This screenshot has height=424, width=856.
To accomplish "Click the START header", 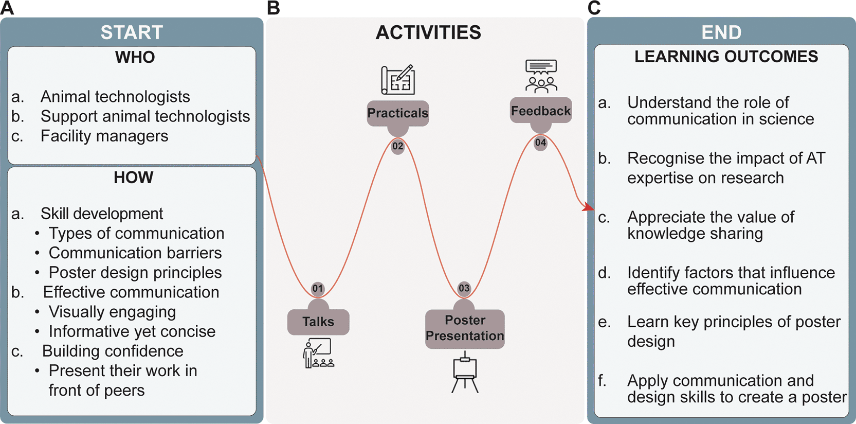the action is [132, 32].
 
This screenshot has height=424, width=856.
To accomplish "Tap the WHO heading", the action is [135, 57].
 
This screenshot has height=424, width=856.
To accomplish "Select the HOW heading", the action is [133, 178].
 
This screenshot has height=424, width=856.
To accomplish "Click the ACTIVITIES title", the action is [428, 32].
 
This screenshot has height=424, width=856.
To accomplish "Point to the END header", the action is [721, 32].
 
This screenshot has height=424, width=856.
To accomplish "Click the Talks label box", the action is [318, 322].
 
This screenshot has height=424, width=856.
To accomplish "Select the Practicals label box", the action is [398, 113].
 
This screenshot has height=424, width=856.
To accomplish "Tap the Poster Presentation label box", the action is [465, 328].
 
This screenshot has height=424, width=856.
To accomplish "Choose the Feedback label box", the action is [541, 111].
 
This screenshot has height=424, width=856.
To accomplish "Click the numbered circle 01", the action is [318, 288].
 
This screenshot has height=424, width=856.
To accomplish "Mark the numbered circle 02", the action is [398, 146].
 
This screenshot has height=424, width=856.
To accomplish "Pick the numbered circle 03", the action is [464, 288].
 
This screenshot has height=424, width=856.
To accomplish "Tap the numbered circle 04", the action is [540, 143].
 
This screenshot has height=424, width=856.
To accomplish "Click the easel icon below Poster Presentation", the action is [465, 373].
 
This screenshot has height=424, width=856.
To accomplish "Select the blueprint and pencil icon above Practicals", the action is [398, 80].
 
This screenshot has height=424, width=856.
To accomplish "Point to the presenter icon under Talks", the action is [318, 354].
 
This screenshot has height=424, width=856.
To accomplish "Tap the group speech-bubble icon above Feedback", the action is [541, 76].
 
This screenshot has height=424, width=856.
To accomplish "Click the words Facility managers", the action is [104, 136].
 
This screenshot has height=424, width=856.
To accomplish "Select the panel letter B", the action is [274, 8].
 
